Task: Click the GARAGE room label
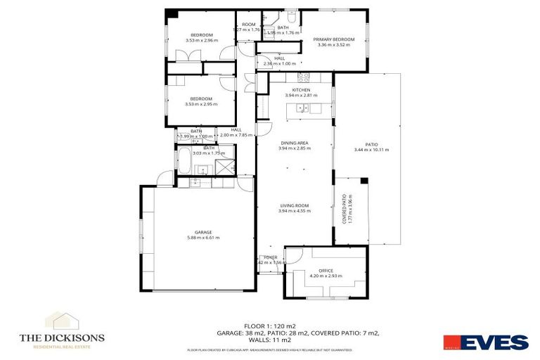tap(198, 232)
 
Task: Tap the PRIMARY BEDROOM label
tap(333, 39)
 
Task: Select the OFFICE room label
tap(325, 270)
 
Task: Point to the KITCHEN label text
tap(302, 90)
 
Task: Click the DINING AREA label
tap(293, 143)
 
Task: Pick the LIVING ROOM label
tap(293, 205)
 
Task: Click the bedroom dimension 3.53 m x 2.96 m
tap(201, 40)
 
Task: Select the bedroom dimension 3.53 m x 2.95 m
tap(201, 104)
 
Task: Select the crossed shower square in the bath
tap(224, 167)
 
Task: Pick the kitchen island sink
tap(302, 108)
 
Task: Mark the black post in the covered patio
tap(364, 181)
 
